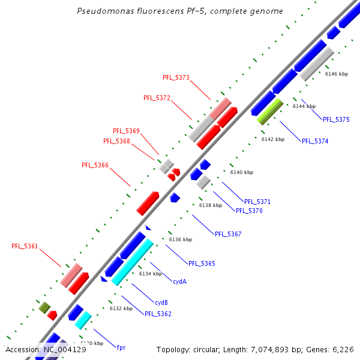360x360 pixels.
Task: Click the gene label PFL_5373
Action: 176,77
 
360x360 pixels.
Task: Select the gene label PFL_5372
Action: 157,98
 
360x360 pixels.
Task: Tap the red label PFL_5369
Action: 126,131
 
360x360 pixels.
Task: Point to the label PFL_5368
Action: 116,141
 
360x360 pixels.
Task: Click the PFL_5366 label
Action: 95,165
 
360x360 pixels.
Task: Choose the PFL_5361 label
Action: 25,246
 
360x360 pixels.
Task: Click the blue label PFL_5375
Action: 336,119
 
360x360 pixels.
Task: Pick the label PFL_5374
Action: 315,141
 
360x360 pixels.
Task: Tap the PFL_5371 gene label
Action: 257,202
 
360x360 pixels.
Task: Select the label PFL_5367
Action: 228,234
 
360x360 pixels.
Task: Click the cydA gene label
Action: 179,281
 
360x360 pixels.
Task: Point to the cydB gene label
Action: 161,302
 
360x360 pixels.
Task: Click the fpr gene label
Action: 121,347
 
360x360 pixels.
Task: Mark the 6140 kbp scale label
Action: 242,172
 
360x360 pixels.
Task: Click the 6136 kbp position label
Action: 180,239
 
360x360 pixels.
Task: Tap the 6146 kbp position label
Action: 336,74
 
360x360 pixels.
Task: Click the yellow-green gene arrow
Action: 270,111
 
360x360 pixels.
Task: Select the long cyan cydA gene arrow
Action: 133,262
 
